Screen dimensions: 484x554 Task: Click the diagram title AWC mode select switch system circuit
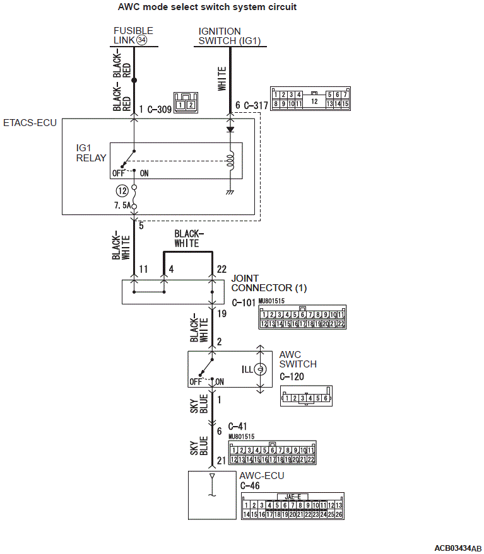(x=207, y=7)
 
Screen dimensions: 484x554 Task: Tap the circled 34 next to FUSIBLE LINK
(x=141, y=40)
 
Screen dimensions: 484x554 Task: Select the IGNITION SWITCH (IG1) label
(x=230, y=37)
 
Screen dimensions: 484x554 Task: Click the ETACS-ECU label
(x=30, y=123)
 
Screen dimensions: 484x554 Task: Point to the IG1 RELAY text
(x=91, y=153)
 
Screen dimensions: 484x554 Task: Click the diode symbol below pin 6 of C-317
(x=230, y=129)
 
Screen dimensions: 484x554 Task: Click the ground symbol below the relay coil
(x=230, y=192)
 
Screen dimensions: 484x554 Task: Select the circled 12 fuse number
(x=122, y=191)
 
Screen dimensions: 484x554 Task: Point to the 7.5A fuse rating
(x=122, y=205)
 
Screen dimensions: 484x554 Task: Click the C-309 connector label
(x=159, y=110)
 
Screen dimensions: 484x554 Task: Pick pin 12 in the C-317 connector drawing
(x=314, y=101)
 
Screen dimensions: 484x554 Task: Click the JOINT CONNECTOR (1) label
(x=269, y=284)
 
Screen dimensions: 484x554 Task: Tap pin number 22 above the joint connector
(x=221, y=269)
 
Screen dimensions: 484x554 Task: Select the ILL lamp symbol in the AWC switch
(x=261, y=369)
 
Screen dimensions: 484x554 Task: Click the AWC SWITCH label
(x=298, y=359)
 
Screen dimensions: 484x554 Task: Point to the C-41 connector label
(x=237, y=427)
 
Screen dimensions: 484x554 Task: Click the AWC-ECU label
(x=262, y=476)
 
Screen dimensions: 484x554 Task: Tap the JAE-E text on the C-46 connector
(x=293, y=497)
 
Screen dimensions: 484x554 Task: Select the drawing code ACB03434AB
(x=458, y=548)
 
